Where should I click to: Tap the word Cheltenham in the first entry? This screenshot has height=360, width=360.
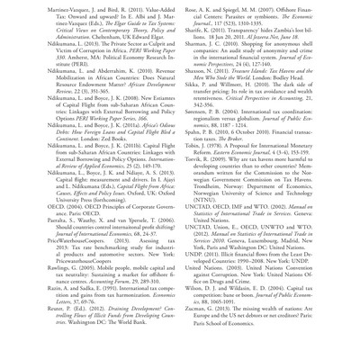point(112,35)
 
